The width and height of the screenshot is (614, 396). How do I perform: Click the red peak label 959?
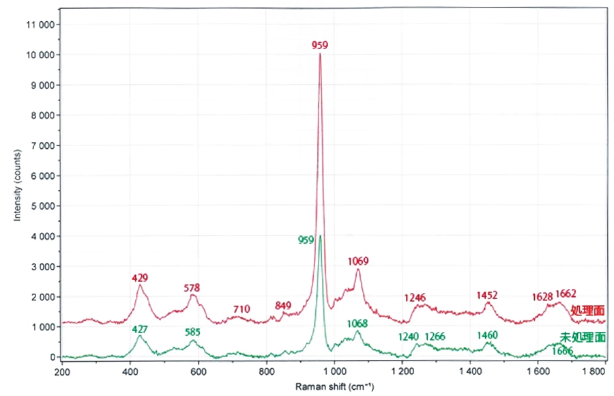pos(320,45)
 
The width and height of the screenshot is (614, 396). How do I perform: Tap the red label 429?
pos(140,278)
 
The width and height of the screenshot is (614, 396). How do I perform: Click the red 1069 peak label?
pos(358,261)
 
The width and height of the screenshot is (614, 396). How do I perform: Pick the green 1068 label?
pos(358,323)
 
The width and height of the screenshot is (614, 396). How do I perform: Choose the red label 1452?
pos(487,295)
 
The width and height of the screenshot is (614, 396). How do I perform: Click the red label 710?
pos(242,309)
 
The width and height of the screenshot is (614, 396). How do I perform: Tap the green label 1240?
pos(409,337)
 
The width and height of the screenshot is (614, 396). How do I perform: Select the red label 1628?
pos(542,297)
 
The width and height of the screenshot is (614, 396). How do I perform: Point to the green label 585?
pos(194,333)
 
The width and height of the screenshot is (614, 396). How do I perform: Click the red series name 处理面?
pos(588,310)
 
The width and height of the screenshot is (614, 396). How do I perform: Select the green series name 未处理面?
pos(583,337)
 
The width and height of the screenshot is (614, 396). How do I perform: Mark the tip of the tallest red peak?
pos(320,54)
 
